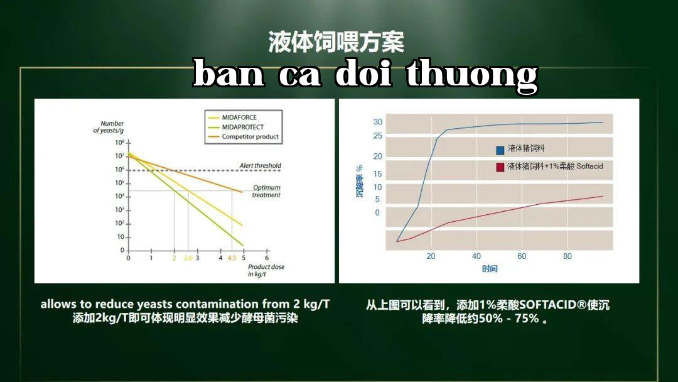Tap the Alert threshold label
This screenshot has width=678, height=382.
pos(261,165)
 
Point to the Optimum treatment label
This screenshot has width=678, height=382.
pos(266,191)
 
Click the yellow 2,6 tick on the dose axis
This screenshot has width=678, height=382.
pos(188,258)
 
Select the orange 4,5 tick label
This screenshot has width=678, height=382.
pos(232,258)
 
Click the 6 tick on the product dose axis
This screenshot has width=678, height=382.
pos(267,258)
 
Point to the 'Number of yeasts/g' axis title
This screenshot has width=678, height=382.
pos(109,127)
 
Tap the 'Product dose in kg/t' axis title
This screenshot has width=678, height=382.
pos(266,270)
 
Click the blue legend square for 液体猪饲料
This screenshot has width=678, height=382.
pos(500,150)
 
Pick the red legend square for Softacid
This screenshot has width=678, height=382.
pos(500,167)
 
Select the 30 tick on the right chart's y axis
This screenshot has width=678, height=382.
pos(378,122)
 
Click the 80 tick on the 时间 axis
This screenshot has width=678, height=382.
pos(568,256)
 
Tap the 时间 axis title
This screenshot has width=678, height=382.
pos(490,269)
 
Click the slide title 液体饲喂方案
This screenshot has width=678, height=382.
pos(336,42)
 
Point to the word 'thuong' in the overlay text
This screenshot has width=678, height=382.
pos(471,75)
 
